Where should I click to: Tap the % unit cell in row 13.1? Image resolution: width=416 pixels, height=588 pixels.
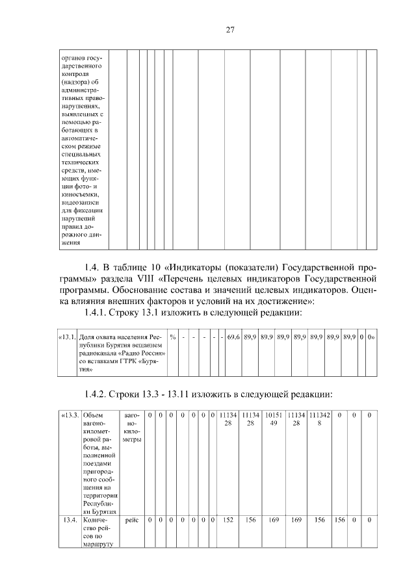173,337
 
